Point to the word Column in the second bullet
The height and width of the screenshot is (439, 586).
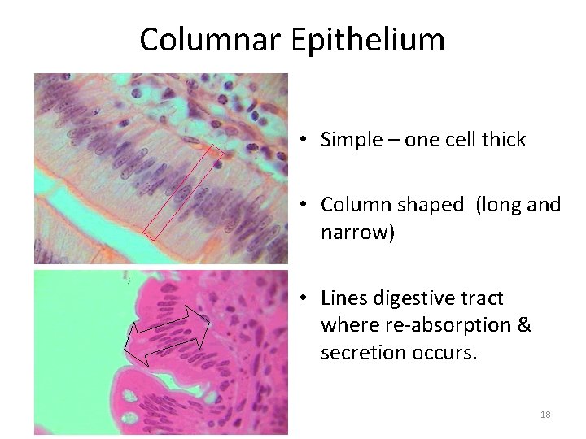(x=352, y=205)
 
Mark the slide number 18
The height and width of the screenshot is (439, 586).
(x=545, y=415)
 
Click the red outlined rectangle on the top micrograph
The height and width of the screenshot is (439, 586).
(x=182, y=192)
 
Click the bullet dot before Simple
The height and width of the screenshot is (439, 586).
(x=302, y=141)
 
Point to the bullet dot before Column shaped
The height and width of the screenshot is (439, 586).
(x=302, y=206)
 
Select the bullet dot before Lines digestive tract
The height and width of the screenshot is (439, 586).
(x=302, y=299)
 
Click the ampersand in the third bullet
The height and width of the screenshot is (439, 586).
(x=523, y=326)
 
